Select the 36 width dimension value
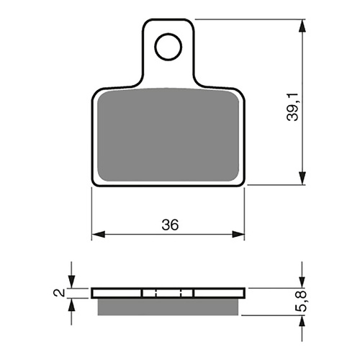[x=169, y=224]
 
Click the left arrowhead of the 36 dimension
[x=98, y=234]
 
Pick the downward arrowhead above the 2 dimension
[x=71, y=282]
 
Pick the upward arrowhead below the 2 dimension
[x=71, y=303]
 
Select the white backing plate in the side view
[x=115, y=292]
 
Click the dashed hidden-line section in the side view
[x=169, y=292]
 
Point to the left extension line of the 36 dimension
[x=92, y=212]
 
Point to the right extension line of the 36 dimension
[x=246, y=212]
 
